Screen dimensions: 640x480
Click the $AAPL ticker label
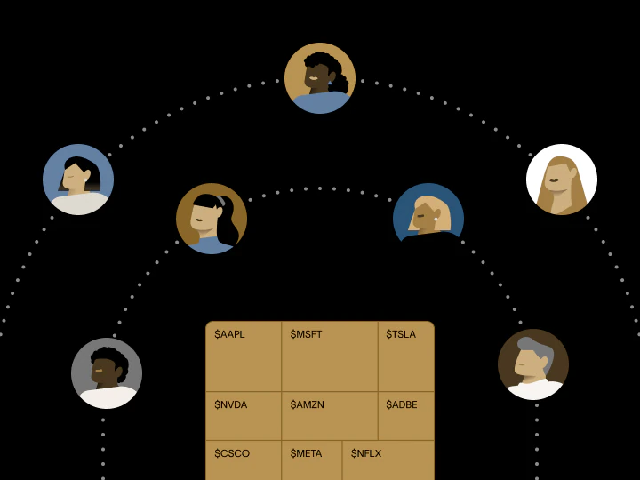point(229,334)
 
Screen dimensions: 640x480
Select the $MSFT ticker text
point(306,334)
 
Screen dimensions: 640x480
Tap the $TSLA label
point(401,334)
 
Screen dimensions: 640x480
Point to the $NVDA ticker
point(230,404)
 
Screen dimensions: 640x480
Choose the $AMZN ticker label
point(307,404)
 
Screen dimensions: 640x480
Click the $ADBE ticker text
point(401,404)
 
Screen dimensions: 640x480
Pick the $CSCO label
point(232,453)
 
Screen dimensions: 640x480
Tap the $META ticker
point(306,453)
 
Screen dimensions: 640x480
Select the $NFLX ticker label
point(366,453)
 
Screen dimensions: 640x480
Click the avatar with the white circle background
point(562,180)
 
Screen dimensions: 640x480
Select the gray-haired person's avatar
point(533,364)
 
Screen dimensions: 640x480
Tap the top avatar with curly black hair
point(320,78)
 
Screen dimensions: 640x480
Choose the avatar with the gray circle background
point(107,373)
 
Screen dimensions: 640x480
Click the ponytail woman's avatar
point(212,219)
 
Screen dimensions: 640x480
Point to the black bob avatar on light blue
point(78,180)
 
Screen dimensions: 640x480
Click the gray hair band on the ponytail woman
point(220,200)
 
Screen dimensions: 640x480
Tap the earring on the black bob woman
point(85,180)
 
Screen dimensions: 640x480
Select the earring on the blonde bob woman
point(436,220)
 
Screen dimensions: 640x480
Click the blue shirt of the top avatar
point(321,103)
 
